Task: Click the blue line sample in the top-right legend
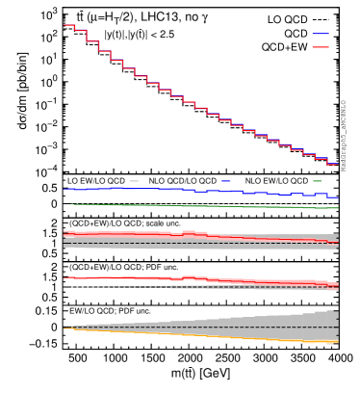click(320, 34)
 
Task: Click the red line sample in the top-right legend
click(320, 47)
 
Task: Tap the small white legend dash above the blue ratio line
click(134, 181)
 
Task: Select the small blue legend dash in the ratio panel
click(225, 181)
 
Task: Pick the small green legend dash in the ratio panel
click(318, 181)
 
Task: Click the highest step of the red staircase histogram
click(69, 25)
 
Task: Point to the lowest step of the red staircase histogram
click(332, 164)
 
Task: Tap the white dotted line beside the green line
click(289, 203)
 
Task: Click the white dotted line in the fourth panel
click(116, 286)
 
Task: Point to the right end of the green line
click(337, 207)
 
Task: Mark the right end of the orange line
click(337, 342)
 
